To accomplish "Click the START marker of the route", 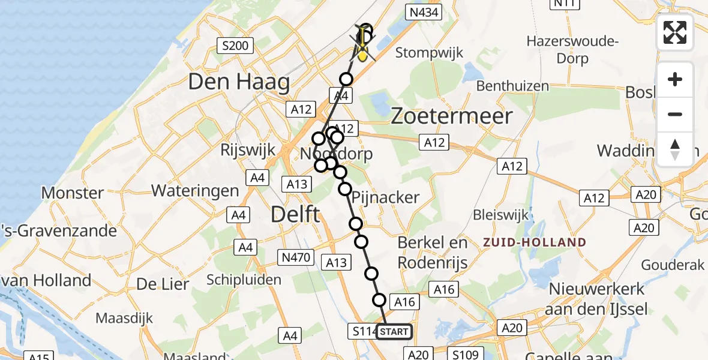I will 394,332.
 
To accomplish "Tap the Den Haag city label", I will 239,82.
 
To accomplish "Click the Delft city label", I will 295,214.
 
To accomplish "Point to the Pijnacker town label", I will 386,197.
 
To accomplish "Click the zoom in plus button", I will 675,79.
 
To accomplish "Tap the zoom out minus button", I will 675,114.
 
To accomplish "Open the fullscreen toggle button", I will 675,32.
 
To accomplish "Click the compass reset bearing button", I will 675,149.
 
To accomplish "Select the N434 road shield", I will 424,12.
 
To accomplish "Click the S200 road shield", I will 236,45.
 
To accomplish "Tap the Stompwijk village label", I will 429,53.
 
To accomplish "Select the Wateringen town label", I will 195,191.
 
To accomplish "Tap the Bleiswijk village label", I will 500,214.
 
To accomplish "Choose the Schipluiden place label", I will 244,280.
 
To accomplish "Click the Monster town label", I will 73,193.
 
